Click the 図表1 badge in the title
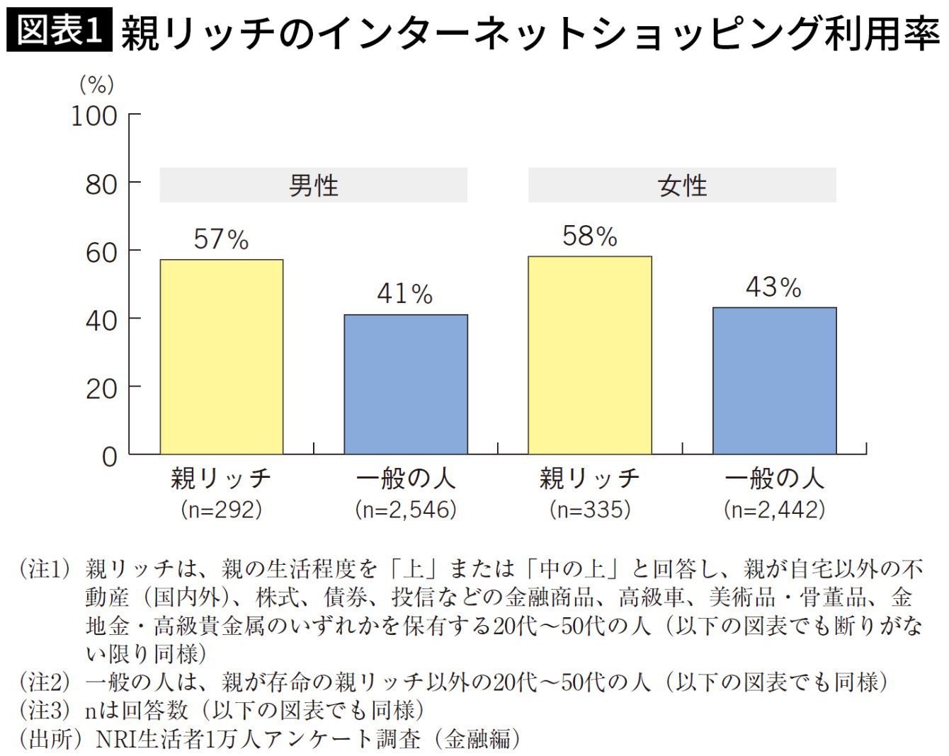[x=59, y=30]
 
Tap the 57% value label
[x=222, y=239]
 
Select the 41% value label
[x=405, y=294]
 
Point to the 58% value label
[x=590, y=236]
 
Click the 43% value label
[x=773, y=287]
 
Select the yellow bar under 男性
[x=222, y=357]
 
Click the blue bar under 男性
[x=406, y=384]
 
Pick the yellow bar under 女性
[x=590, y=355]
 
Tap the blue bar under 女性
[x=775, y=380]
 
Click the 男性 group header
[x=314, y=185]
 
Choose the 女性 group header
[x=682, y=185]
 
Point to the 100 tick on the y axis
[x=94, y=117]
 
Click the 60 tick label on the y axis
[x=102, y=253]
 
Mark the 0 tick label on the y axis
[x=110, y=457]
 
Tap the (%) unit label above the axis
[x=96, y=85]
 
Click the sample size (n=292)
[x=222, y=510]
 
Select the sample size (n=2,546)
[x=406, y=510]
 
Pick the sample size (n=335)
[x=590, y=510]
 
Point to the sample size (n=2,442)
[x=774, y=510]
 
